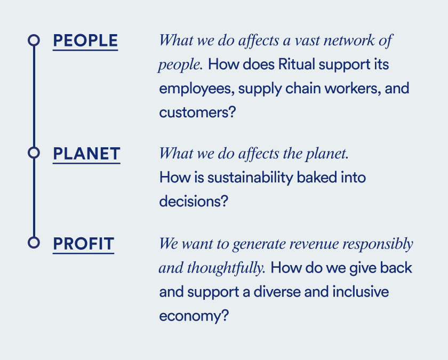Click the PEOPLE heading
[85, 41]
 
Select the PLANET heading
[86, 154]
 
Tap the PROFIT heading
[83, 244]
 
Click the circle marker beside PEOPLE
[34, 40]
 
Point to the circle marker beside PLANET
[34, 153]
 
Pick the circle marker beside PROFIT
[34, 243]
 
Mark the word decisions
[189, 202]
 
